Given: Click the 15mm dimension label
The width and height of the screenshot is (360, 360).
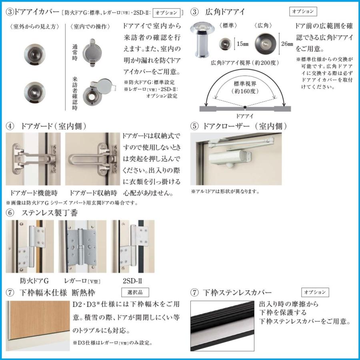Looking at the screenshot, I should click(x=243, y=43).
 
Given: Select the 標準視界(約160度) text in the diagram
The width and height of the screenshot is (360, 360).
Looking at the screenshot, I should click(x=245, y=88).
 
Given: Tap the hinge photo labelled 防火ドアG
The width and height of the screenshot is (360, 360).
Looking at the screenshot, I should click(x=34, y=246).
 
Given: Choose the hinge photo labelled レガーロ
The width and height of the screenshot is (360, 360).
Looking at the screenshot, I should click(x=82, y=246).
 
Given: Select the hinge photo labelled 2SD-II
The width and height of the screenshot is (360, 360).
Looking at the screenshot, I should click(x=132, y=246).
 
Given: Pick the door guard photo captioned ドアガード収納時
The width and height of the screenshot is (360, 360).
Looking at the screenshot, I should click(x=92, y=159).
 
